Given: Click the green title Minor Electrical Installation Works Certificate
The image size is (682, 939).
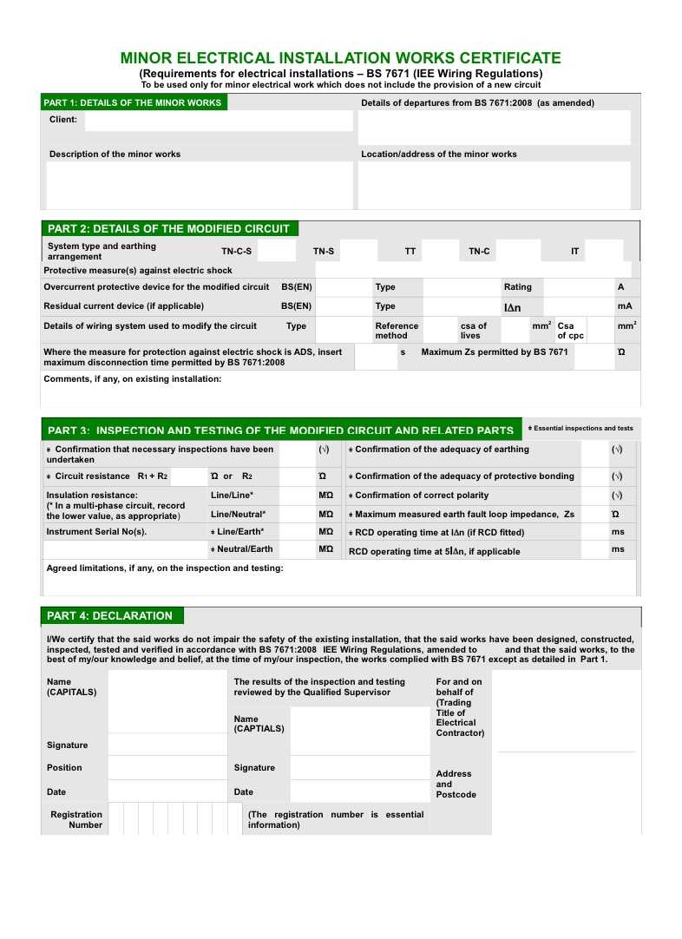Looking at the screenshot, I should coord(340,58).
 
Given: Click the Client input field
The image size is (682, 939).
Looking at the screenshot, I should coord(218,121).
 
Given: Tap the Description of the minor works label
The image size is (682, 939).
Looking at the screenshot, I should coord(115,154).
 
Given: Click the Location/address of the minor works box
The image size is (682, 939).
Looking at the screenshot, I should coord(494,186).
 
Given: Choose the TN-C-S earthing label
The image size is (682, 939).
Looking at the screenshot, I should coord(236,252).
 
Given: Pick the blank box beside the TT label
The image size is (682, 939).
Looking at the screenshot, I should coord(440,252).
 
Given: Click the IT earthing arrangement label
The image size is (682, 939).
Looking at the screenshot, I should coord(574,252).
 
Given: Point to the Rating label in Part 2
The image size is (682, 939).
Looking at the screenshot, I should coord(518,287).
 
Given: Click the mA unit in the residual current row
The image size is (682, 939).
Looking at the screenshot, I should coord(625,306).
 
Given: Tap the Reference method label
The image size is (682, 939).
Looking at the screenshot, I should coord(397,331).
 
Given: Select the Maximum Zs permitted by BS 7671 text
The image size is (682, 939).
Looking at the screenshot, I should coord(495,352).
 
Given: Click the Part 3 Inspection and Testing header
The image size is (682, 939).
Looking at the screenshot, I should coord(280,430).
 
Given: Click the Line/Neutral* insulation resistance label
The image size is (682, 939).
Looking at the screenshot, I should coord(238,514).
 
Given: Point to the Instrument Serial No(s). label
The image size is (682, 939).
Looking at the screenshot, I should coord(96,532).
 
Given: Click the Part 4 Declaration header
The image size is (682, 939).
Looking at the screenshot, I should coord(109,616).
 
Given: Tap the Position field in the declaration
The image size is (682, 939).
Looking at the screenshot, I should coord(167,768).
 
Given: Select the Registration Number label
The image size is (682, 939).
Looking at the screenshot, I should coord(76,819).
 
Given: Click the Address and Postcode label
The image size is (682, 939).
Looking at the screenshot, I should coord(456,784).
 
